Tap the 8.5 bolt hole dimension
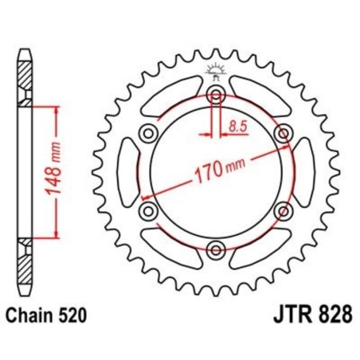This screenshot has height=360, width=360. tap(237, 125)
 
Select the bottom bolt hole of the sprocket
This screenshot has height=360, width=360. tap(215, 252)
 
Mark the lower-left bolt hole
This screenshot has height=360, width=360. tap(147, 211)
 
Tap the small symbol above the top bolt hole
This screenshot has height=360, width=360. tap(215, 71)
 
